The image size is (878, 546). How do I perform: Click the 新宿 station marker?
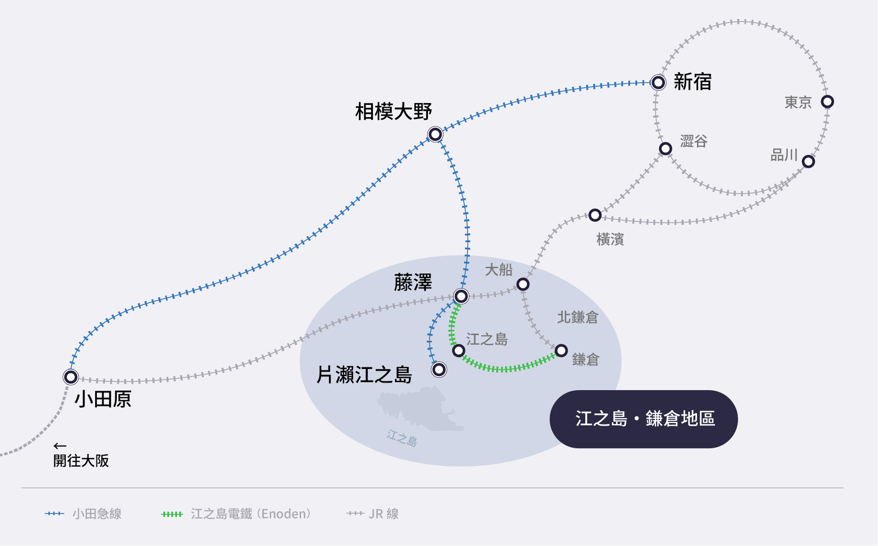[658, 82]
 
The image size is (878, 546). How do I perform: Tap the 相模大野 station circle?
[435, 134]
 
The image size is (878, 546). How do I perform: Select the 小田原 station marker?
[70, 377]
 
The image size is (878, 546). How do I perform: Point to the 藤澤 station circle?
[461, 296]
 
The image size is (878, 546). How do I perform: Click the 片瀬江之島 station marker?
[439, 369]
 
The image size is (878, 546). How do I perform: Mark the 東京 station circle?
[827, 102]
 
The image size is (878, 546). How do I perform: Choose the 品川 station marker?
[808, 162]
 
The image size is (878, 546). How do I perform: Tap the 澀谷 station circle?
[665, 148]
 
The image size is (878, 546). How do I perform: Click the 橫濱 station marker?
[595, 215]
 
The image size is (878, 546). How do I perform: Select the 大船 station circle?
[523, 284]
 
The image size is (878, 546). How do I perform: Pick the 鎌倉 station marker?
[561, 351]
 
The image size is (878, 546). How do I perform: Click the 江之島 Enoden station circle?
[458, 351]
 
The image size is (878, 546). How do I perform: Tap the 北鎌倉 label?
[577, 317]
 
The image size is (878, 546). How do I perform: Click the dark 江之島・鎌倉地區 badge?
[643, 419]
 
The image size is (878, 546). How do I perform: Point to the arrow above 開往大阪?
[60, 446]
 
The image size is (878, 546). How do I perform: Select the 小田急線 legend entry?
[83, 514]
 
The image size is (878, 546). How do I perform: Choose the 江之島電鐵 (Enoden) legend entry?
[236, 514]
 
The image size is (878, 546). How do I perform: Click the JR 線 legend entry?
[373, 514]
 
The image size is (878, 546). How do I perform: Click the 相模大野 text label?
[393, 111]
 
